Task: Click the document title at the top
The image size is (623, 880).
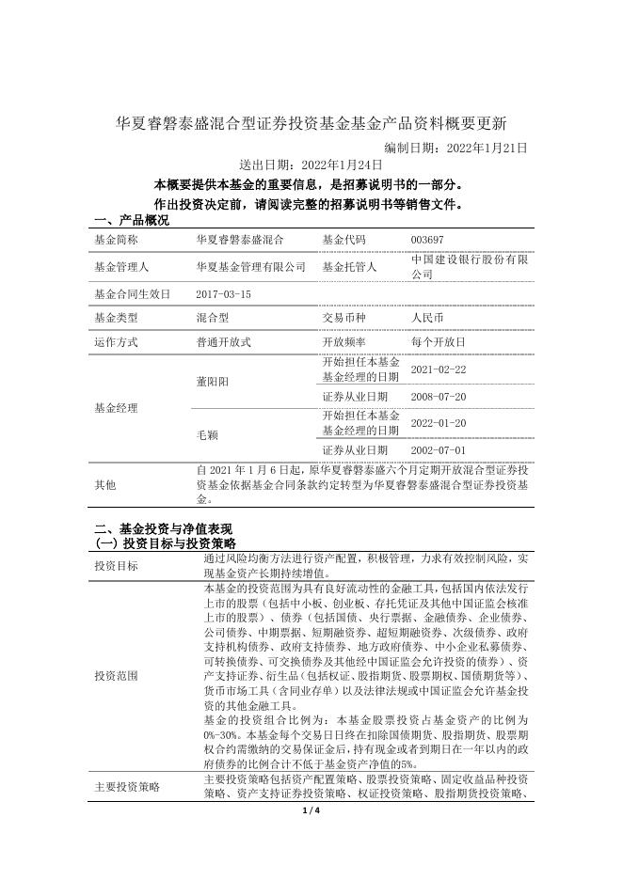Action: pyautogui.click(x=311, y=123)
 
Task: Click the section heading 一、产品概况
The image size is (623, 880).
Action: pyautogui.click(x=132, y=220)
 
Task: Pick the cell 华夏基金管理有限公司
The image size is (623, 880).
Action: pyautogui.click(x=250, y=267)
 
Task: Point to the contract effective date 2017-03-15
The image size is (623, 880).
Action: pyautogui.click(x=224, y=294)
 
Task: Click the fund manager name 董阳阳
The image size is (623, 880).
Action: pyautogui.click(x=211, y=382)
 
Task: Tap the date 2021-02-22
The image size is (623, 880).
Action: pyautogui.click(x=439, y=369)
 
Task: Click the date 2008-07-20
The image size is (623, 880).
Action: pyautogui.click(x=439, y=397)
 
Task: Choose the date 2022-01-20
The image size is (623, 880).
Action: pyautogui.click(x=439, y=423)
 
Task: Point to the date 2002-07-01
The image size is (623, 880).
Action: pyautogui.click(x=439, y=450)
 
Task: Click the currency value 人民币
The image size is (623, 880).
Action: pyautogui.click(x=427, y=318)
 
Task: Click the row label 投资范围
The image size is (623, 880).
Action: pyautogui.click(x=116, y=676)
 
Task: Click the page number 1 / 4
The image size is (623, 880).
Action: pyautogui.click(x=311, y=810)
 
